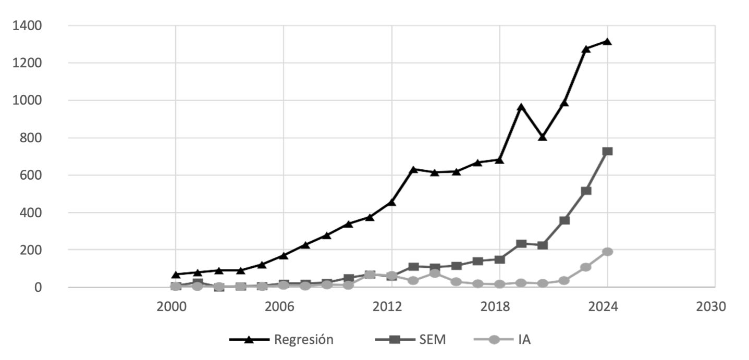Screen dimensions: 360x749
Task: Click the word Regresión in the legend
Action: [x=303, y=340]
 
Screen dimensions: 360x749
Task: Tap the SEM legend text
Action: [x=432, y=340]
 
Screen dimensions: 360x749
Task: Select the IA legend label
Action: [x=524, y=340]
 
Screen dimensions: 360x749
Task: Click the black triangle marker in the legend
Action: [x=249, y=340]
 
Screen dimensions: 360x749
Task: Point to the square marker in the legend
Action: [x=395, y=340]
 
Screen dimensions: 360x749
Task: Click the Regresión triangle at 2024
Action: [x=607, y=41]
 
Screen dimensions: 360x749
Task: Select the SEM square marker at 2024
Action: [x=607, y=151]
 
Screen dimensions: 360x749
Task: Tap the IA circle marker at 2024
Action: [x=607, y=252]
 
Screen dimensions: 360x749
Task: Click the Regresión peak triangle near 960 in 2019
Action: [x=521, y=107]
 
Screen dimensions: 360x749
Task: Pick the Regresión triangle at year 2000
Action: [x=176, y=274]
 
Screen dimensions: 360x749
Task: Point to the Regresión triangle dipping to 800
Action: [x=543, y=137]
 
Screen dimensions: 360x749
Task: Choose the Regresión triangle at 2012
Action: [x=392, y=202]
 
